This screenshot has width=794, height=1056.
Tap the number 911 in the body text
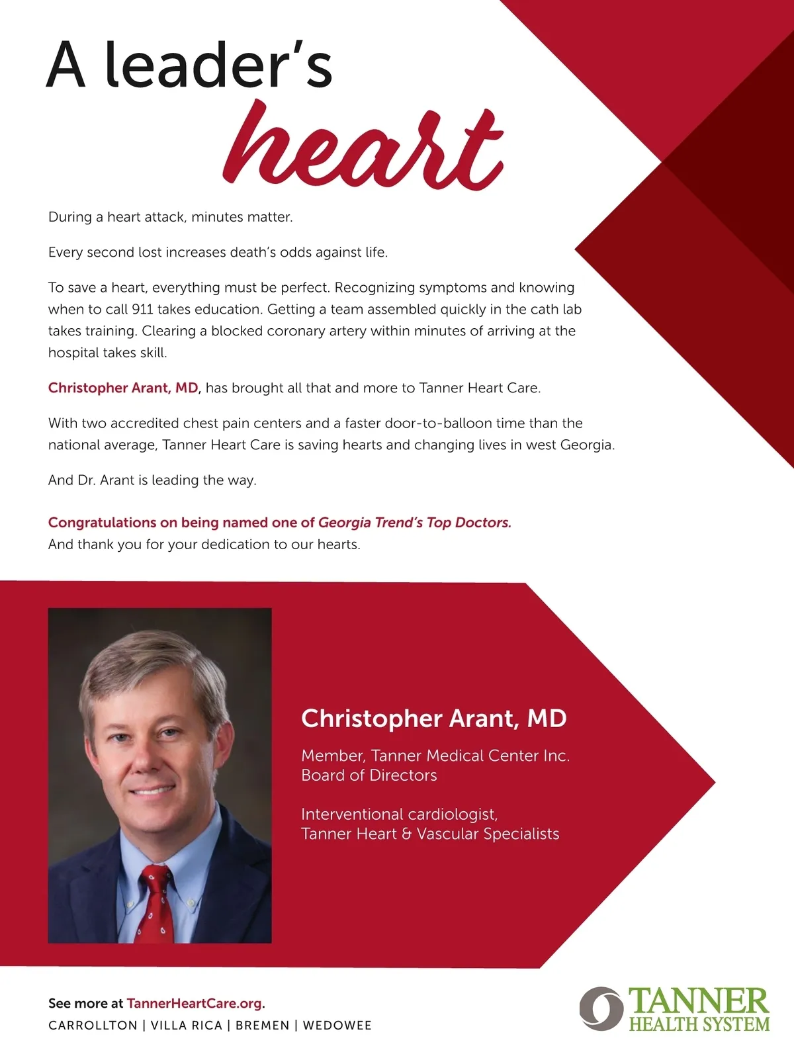point(142,310)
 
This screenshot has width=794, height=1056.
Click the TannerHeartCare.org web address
point(195,1003)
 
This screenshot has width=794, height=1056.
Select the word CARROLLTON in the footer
point(93,1026)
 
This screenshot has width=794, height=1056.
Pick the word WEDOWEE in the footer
point(337,1026)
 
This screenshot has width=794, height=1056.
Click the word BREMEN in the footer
point(263,1026)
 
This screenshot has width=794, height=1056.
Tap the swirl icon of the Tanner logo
point(601,1008)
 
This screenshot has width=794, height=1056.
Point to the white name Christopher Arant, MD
point(433,719)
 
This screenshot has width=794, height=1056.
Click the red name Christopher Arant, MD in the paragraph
point(123,388)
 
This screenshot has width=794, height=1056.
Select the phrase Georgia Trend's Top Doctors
point(414,523)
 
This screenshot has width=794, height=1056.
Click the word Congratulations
point(102,523)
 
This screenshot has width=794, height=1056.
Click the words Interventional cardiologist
point(399,814)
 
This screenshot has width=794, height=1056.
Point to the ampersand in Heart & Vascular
point(406,834)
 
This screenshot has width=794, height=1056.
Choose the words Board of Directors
point(369,775)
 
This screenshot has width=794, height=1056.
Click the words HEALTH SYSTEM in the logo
point(699,1025)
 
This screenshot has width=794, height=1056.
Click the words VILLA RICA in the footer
point(187,1026)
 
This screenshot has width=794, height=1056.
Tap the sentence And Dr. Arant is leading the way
point(152,480)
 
